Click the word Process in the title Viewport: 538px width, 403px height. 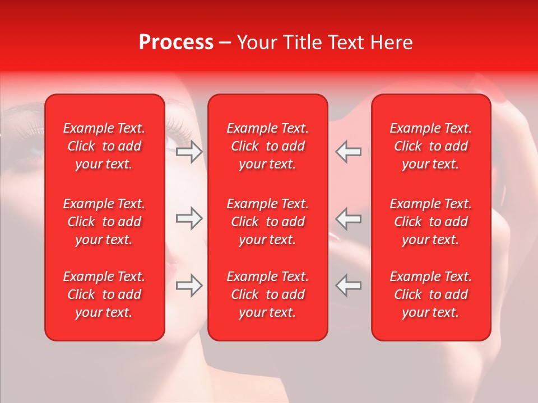(176, 43)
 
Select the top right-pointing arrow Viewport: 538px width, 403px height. (189, 152)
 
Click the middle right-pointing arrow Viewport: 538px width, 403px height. (189, 218)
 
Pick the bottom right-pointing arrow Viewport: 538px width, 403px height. (189, 285)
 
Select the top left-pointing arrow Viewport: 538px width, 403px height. (348, 152)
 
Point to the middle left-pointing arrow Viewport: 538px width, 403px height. (348, 218)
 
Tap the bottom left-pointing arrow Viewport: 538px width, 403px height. (348, 285)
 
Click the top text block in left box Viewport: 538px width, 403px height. (104, 146)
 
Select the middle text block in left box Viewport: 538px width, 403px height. (104, 222)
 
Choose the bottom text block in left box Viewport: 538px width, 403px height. (104, 294)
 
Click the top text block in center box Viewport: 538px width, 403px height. (267, 146)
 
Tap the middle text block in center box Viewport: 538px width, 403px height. (267, 222)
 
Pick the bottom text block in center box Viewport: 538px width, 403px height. (267, 294)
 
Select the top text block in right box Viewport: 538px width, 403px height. (431, 146)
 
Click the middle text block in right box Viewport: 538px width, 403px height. (431, 222)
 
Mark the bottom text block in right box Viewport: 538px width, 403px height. (431, 294)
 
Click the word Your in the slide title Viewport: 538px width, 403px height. (257, 43)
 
